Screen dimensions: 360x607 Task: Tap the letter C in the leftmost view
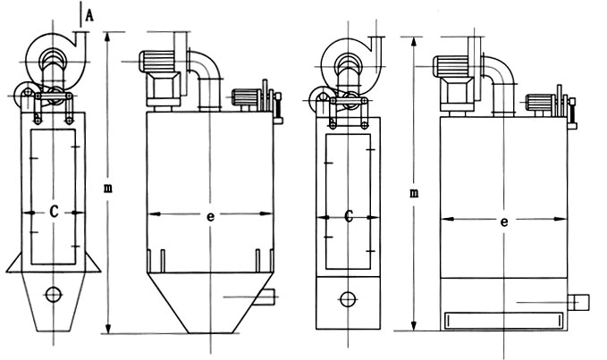(x=55, y=213)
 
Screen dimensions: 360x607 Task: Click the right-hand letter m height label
(x=413, y=192)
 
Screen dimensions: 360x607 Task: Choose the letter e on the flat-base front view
(x=505, y=220)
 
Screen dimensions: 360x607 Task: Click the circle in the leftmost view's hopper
(x=53, y=294)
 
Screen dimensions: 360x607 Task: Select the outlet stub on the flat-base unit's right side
(x=580, y=302)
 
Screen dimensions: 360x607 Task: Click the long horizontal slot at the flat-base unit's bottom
(x=503, y=317)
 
